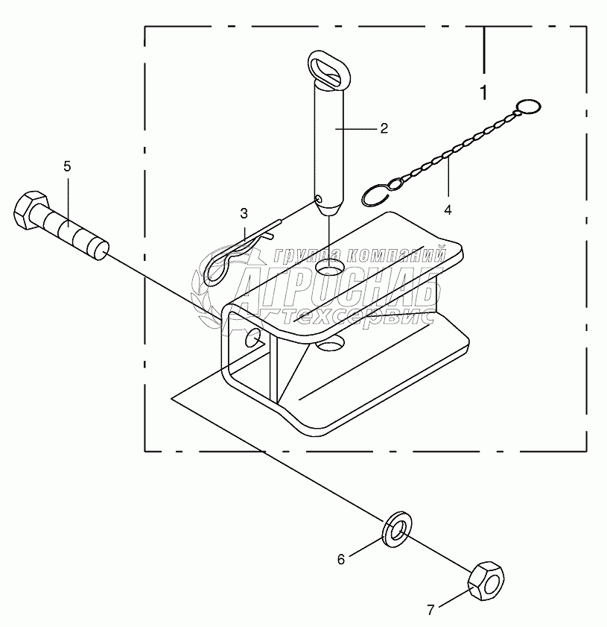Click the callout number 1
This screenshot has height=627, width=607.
click(x=484, y=94)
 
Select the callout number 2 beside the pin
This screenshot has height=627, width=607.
click(x=384, y=128)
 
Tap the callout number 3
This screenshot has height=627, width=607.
click(x=244, y=214)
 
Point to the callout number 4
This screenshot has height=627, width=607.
click(x=448, y=210)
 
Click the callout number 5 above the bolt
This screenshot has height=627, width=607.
click(x=67, y=166)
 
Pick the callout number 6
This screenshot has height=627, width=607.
click(x=341, y=558)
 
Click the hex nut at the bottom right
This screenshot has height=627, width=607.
click(x=487, y=581)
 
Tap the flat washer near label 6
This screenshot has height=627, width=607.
click(x=397, y=529)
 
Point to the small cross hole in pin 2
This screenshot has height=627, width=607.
click(x=318, y=200)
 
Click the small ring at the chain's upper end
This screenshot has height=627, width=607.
click(x=529, y=107)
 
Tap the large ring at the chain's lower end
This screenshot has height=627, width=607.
click(x=375, y=195)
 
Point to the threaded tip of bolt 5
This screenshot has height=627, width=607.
click(x=97, y=249)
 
